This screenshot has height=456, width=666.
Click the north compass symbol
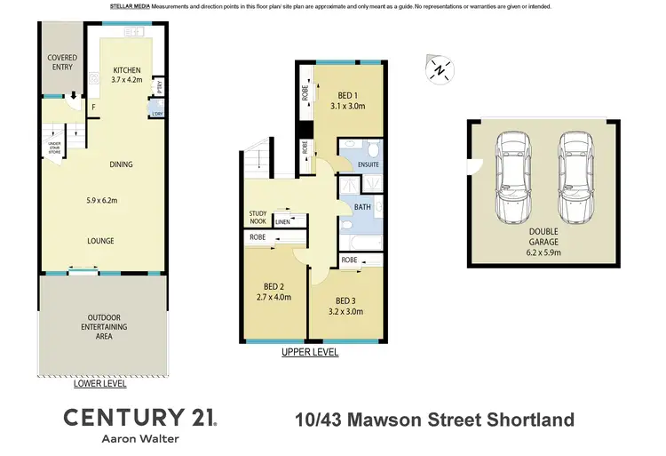[x=439, y=68]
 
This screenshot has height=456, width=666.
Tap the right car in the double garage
[x=573, y=180]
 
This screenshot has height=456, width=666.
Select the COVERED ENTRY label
[x=62, y=63]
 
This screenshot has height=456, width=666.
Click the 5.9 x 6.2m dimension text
[x=102, y=200]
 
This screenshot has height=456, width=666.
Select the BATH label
[x=362, y=208]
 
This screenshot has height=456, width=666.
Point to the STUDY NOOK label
[x=258, y=217]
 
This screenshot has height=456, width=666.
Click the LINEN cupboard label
[x=284, y=221]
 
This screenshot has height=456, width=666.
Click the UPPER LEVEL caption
[x=310, y=352]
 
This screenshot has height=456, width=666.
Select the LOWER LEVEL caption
[x=99, y=384]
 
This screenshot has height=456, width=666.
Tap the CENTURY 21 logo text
[x=139, y=418]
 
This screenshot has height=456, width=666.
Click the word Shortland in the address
[x=530, y=420]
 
